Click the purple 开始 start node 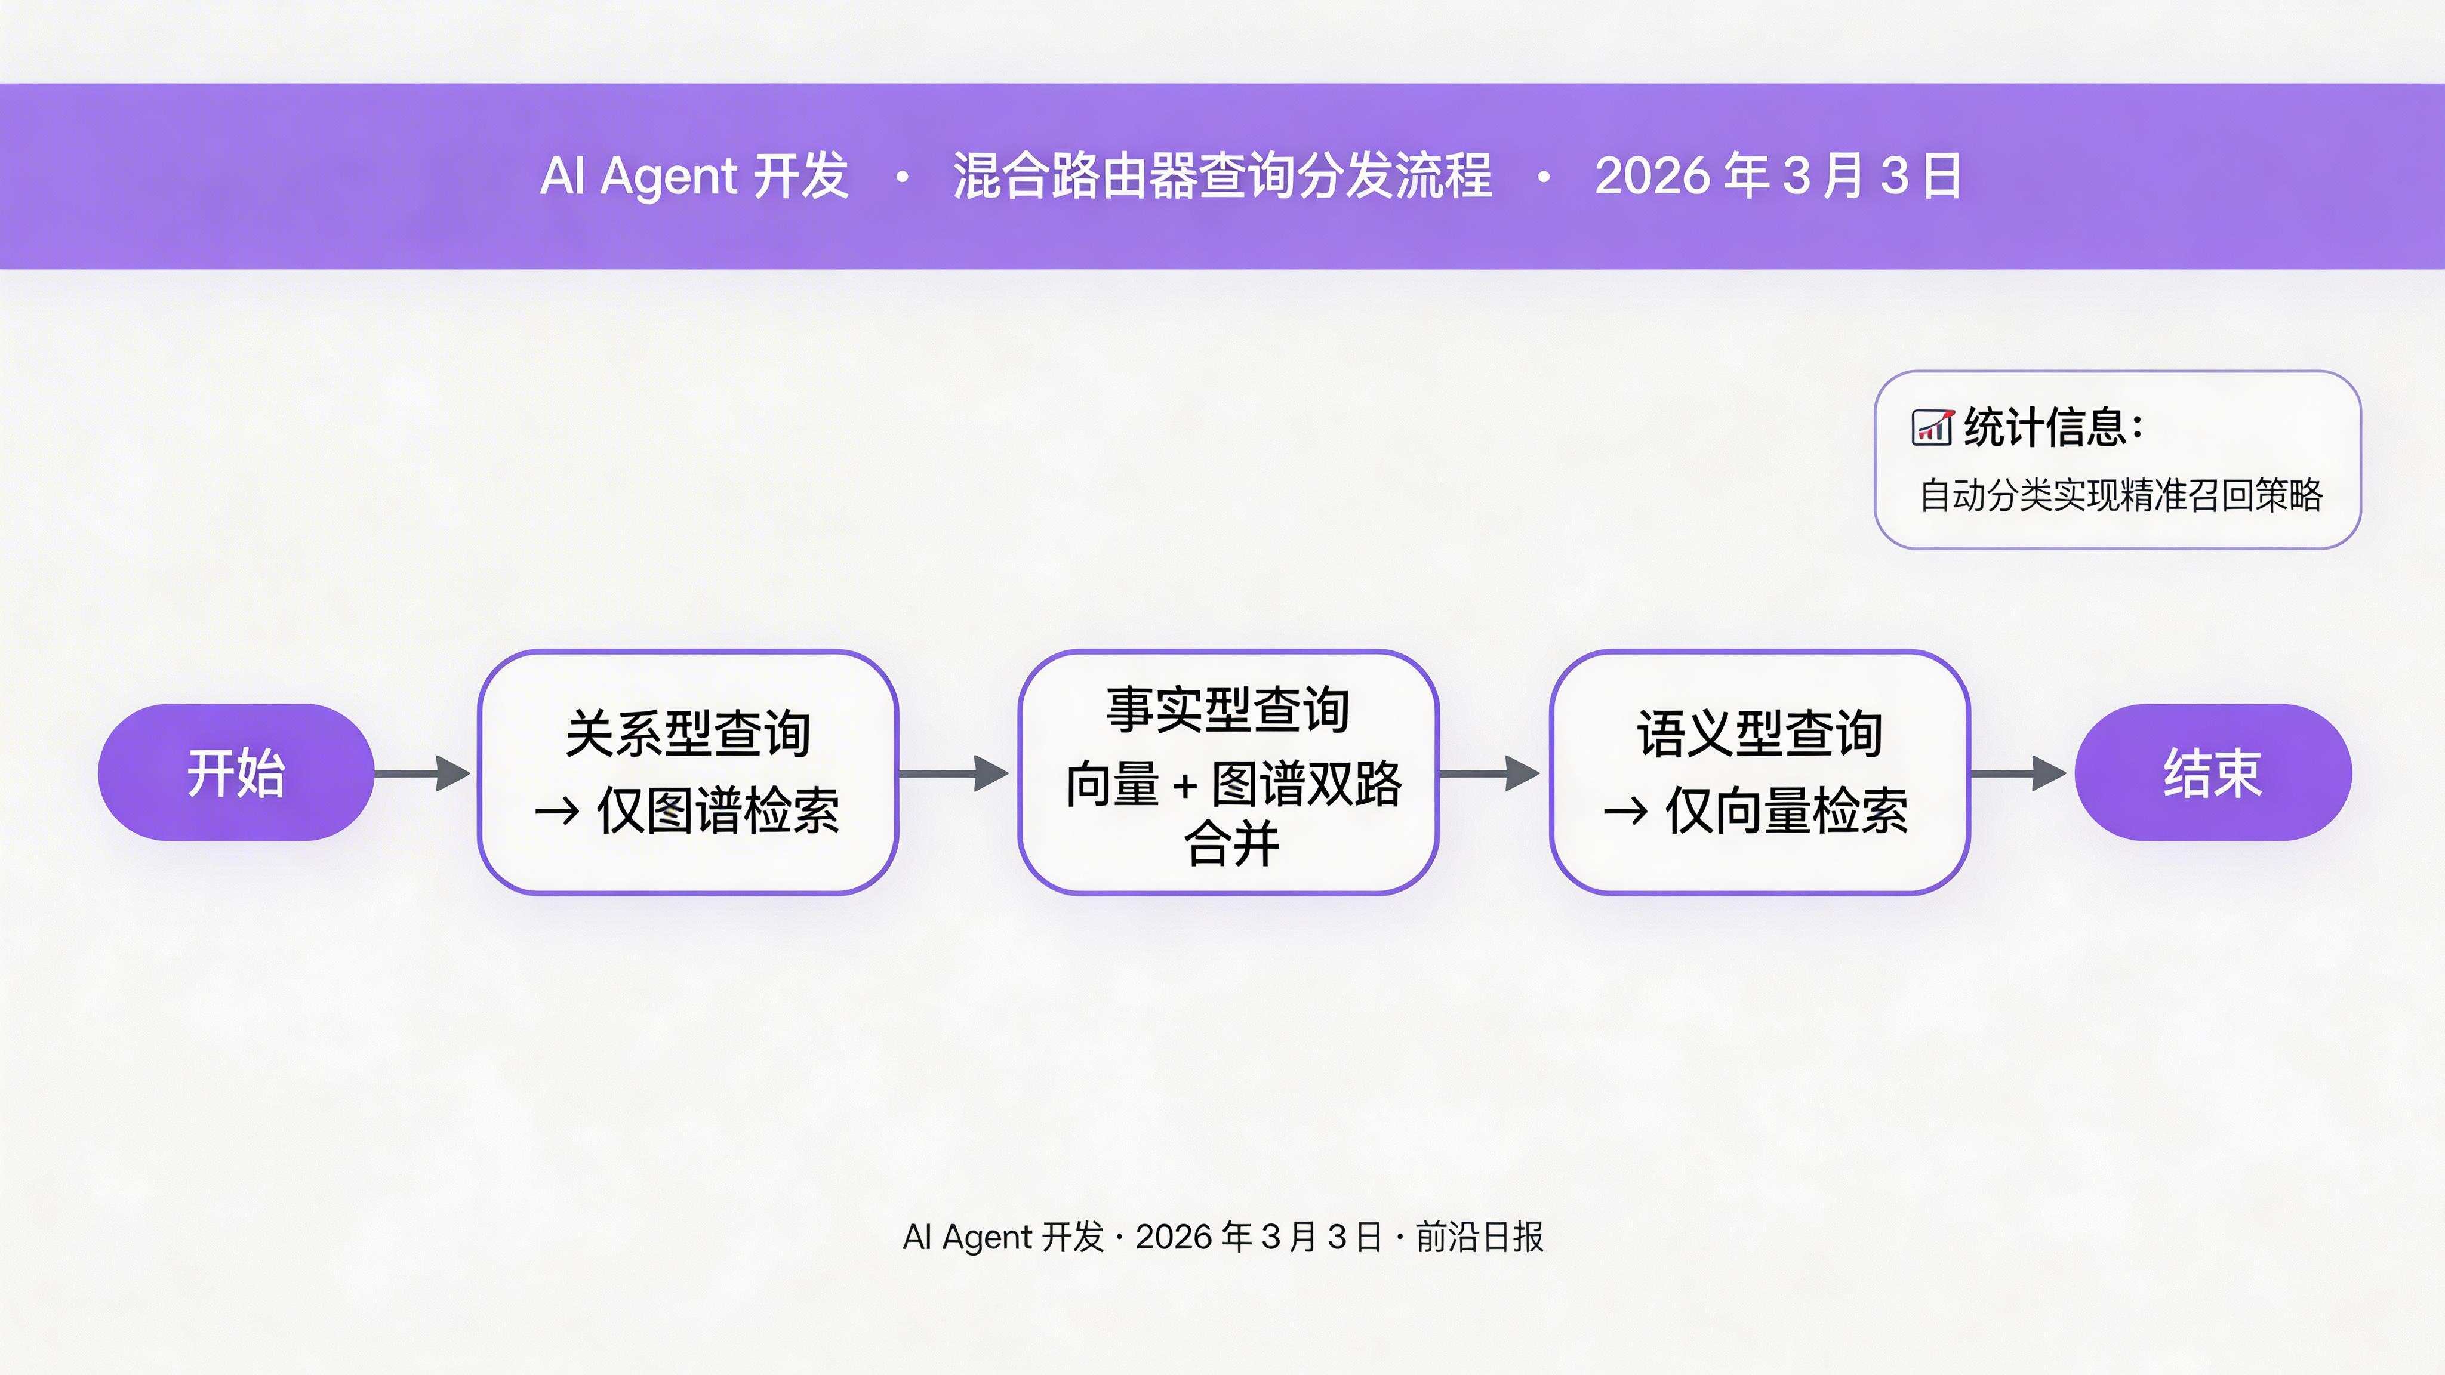click(x=235, y=772)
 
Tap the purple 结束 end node click(x=2212, y=772)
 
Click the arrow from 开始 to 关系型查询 click(x=423, y=773)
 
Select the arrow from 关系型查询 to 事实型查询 click(x=954, y=773)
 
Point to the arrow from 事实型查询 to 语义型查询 click(x=1489, y=773)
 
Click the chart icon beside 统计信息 click(x=1932, y=427)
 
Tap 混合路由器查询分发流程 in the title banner click(x=1222, y=177)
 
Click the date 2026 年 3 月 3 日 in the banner click(x=1778, y=177)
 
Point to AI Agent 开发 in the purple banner click(x=694, y=177)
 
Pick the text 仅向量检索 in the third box click(x=1786, y=812)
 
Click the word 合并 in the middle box click(x=1231, y=844)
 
